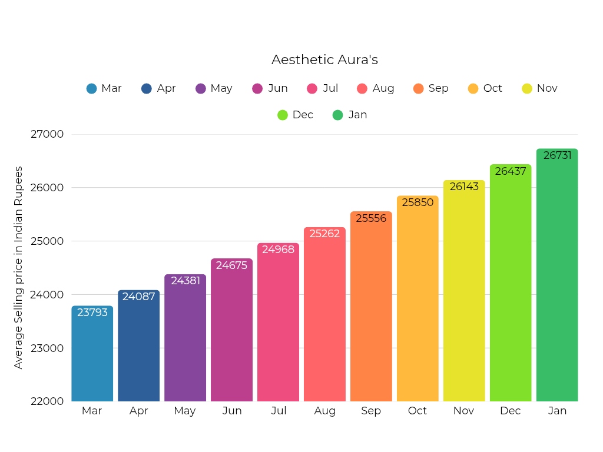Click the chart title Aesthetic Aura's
pyautogui.click(x=324, y=60)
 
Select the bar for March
pyautogui.click(x=92, y=353)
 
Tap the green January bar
pyautogui.click(x=557, y=277)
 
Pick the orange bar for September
pyautogui.click(x=371, y=306)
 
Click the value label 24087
pyautogui.click(x=139, y=297)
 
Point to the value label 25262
pyautogui.click(x=324, y=234)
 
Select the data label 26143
pyautogui.click(x=464, y=187)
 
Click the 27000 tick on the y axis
pyautogui.click(x=47, y=134)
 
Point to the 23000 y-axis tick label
pyautogui.click(x=47, y=348)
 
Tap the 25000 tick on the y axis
pyautogui.click(x=47, y=241)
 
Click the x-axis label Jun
pyautogui.click(x=232, y=411)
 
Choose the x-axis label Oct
pyautogui.click(x=418, y=411)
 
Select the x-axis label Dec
pyautogui.click(x=511, y=411)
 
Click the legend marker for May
pyautogui.click(x=201, y=89)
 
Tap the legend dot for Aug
pyautogui.click(x=362, y=89)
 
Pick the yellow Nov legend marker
pyautogui.click(x=527, y=89)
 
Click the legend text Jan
pyautogui.click(x=357, y=115)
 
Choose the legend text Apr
pyautogui.click(x=167, y=88)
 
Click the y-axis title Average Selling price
pyautogui.click(x=19, y=268)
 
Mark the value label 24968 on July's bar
pyautogui.click(x=279, y=250)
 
